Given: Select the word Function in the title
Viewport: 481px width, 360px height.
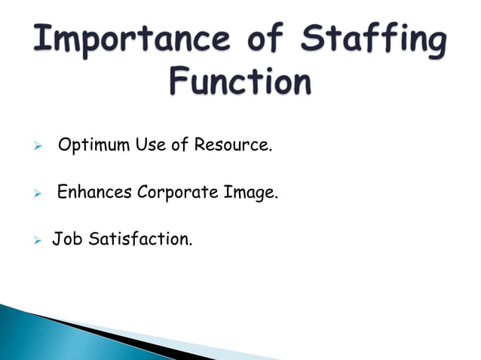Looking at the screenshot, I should tap(240, 81).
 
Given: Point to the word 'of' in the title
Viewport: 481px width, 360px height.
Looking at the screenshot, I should tap(262, 39).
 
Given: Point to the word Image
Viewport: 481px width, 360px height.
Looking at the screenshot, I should tap(251, 193).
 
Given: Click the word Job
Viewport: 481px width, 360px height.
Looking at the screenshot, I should tap(66, 241).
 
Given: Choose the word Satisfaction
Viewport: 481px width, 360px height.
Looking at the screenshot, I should tap(139, 241).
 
